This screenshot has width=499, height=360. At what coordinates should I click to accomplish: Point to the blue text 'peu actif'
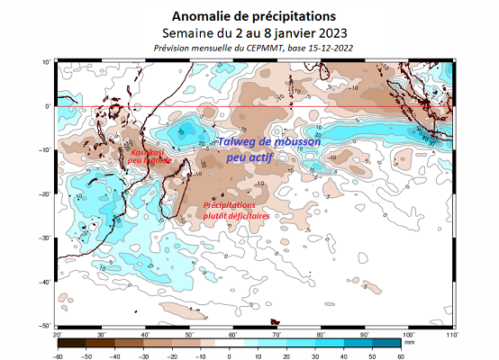point(249,157)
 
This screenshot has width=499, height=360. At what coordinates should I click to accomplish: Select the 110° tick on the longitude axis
point(449,334)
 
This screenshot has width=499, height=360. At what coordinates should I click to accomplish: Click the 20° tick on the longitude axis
point(58,334)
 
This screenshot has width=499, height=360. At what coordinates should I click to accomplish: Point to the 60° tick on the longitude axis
point(231,334)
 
